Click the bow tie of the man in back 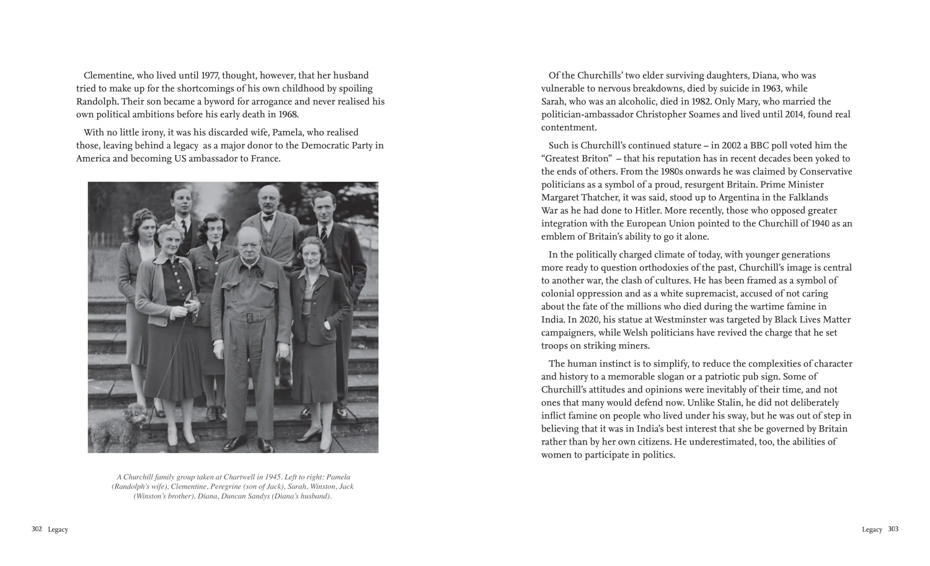268,218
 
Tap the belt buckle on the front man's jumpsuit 250,318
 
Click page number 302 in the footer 37,529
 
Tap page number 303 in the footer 893,529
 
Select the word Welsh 631,333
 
